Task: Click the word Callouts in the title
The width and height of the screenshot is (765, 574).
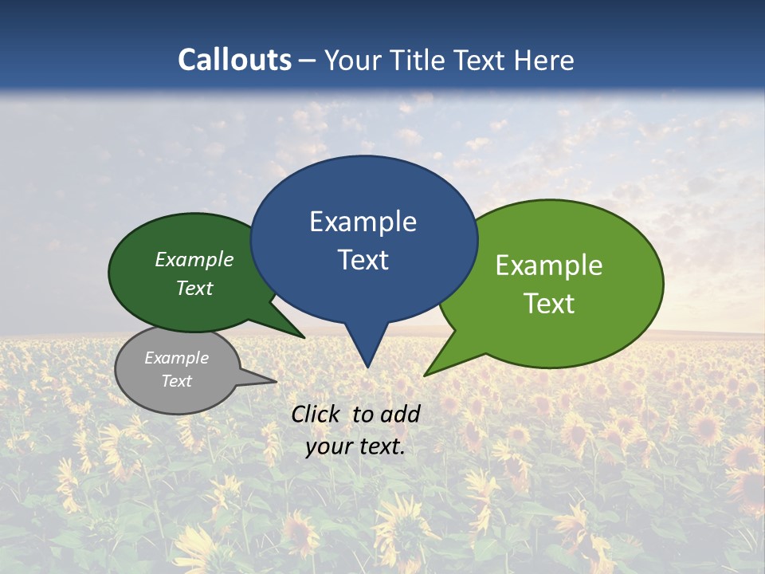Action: pyautogui.click(x=235, y=60)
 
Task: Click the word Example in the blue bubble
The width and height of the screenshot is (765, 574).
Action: pyautogui.click(x=363, y=222)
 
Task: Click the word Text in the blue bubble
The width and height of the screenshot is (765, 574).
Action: pyautogui.click(x=363, y=260)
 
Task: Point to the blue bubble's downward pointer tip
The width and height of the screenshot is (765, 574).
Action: pyautogui.click(x=367, y=367)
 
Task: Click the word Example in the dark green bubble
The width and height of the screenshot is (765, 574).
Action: pyautogui.click(x=194, y=260)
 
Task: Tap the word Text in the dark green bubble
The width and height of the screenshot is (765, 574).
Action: pyautogui.click(x=194, y=289)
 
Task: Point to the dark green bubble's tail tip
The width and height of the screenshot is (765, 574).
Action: pyautogui.click(x=304, y=338)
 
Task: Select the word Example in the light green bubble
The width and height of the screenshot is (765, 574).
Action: pyautogui.click(x=549, y=265)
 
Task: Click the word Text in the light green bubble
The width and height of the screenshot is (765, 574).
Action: pyautogui.click(x=549, y=304)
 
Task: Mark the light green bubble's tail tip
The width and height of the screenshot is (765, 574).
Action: pyautogui.click(x=424, y=375)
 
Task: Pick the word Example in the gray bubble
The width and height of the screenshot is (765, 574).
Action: pyautogui.click(x=176, y=359)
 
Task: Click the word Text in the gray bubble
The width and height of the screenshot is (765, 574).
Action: pyautogui.click(x=176, y=381)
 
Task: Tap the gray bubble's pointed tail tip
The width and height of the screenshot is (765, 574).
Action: pyautogui.click(x=276, y=381)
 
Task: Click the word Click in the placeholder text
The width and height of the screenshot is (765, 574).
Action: pyautogui.click(x=316, y=414)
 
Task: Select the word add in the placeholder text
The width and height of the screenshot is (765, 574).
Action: pyautogui.click(x=400, y=414)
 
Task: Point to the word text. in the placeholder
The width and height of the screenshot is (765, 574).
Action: pyautogui.click(x=383, y=447)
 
